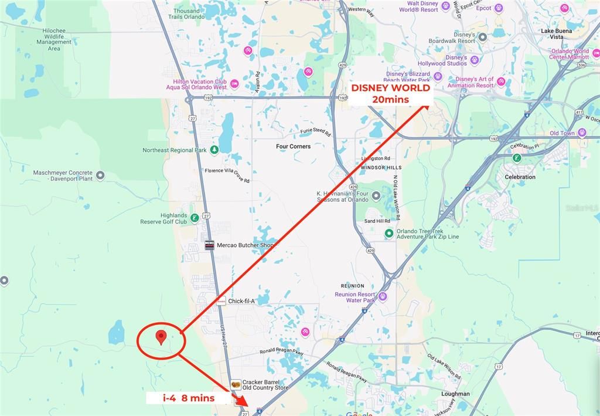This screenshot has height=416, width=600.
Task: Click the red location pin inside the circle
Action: tap(161, 337)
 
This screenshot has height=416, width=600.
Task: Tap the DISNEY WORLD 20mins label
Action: tap(391, 94)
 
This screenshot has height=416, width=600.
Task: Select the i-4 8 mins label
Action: tap(189, 398)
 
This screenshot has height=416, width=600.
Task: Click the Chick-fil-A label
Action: tap(241, 301)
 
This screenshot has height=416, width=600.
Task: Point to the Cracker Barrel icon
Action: tap(236, 384)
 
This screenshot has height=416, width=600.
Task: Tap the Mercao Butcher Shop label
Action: tap(246, 245)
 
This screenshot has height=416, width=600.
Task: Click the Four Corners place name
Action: tap(294, 146)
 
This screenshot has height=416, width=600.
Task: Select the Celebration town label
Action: tap(520, 177)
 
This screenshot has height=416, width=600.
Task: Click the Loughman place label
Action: tap(456, 394)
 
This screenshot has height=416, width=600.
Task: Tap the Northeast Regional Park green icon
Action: tap(214, 150)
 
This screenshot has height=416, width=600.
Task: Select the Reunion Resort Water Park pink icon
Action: tap(383, 297)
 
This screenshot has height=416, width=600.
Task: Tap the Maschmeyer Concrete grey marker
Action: tap(100, 175)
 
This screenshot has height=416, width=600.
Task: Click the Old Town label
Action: tap(562, 133)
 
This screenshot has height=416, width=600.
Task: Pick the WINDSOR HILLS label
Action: tap(381, 167)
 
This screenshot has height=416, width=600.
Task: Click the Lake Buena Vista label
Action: tap(556, 33)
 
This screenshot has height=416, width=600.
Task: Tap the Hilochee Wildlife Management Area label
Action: tap(54, 39)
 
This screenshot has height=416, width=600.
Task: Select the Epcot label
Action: tap(484, 8)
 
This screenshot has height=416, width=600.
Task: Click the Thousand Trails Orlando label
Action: tap(186, 13)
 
